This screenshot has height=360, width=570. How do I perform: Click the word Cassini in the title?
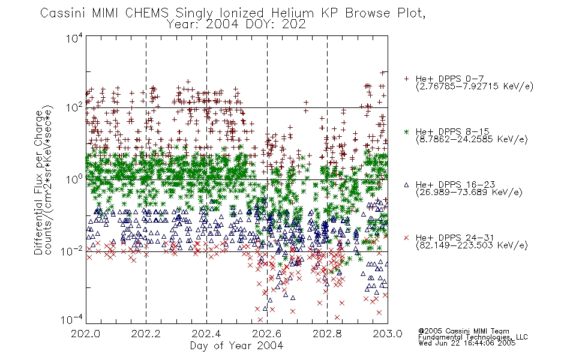tap(62, 13)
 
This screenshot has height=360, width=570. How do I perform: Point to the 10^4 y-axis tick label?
tap(74, 38)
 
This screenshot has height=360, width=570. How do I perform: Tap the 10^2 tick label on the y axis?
tap(74, 108)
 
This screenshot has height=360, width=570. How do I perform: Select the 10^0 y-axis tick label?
tap(74, 179)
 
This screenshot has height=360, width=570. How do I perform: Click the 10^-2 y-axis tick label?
tap(72, 251)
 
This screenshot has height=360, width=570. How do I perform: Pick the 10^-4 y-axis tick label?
tap(72, 320)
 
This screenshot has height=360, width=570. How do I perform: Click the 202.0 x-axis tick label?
tap(86, 334)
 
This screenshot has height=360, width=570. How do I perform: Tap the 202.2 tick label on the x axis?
tap(146, 334)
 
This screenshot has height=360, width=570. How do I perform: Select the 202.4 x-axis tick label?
tap(206, 334)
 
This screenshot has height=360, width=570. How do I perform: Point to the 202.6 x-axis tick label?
tap(267, 334)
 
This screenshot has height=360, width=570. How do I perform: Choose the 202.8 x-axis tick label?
tap(327, 334)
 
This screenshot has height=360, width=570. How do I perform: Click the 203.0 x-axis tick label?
tap(388, 334)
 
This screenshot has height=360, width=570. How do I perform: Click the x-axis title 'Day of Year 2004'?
tap(236, 346)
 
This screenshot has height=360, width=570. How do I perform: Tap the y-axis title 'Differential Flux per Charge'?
tap(38, 182)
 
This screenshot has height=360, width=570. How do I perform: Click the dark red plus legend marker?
tap(407, 79)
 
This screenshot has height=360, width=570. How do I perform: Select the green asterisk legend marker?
tap(407, 131)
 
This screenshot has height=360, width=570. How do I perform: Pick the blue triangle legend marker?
tap(407, 185)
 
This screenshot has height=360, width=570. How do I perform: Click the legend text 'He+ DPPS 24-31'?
tap(455, 238)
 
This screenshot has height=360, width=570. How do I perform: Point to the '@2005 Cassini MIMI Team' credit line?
tap(464, 331)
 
